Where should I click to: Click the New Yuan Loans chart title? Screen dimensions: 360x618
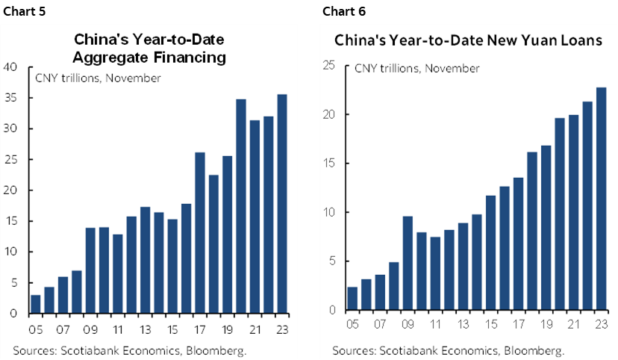click(x=468, y=41)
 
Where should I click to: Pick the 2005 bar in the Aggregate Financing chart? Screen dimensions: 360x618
click(x=35, y=304)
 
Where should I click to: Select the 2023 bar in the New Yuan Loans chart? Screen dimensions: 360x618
click(x=602, y=199)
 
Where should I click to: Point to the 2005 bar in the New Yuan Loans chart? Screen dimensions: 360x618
click(x=352, y=298)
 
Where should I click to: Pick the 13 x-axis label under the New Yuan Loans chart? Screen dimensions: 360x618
click(x=463, y=325)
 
